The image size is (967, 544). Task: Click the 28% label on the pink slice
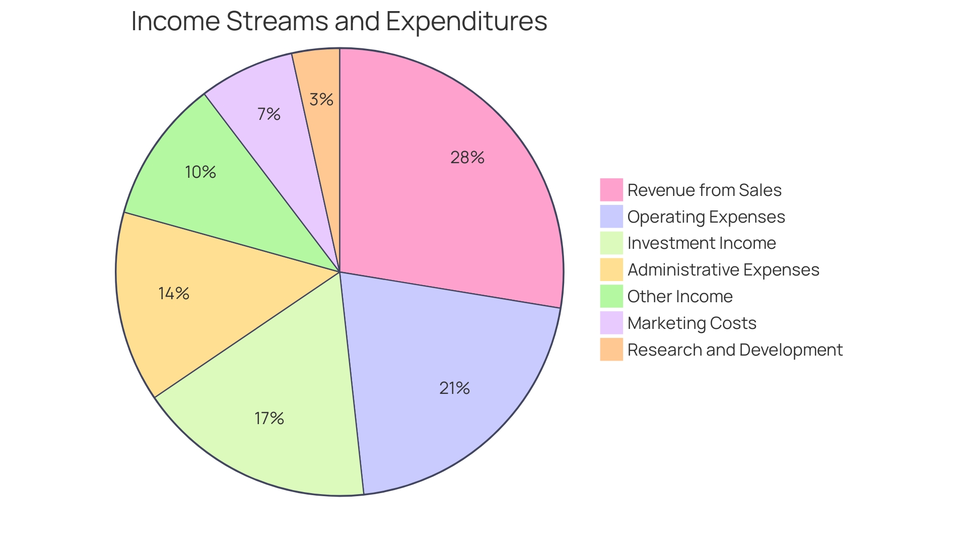point(467,158)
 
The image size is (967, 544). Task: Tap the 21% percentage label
point(454,388)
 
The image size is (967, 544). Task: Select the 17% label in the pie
point(269,418)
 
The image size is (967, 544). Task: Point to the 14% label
point(174,293)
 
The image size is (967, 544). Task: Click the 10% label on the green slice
point(200,172)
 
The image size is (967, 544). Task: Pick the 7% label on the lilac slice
point(268,114)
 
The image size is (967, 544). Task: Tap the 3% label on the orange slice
point(321,100)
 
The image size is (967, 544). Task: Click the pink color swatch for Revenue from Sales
point(611,190)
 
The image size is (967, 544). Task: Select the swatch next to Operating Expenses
point(611,217)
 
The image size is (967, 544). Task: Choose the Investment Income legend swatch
point(611,243)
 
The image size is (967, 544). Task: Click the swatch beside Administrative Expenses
point(611,269)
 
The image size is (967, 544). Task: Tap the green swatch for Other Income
point(611,296)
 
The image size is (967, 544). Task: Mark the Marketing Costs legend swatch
point(611,323)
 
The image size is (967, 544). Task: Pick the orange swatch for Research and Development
point(611,350)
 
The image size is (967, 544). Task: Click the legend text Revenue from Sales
point(704,190)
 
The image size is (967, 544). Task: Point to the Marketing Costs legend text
point(692,323)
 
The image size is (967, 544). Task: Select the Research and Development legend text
point(735,350)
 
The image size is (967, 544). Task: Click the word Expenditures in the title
point(466,21)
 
